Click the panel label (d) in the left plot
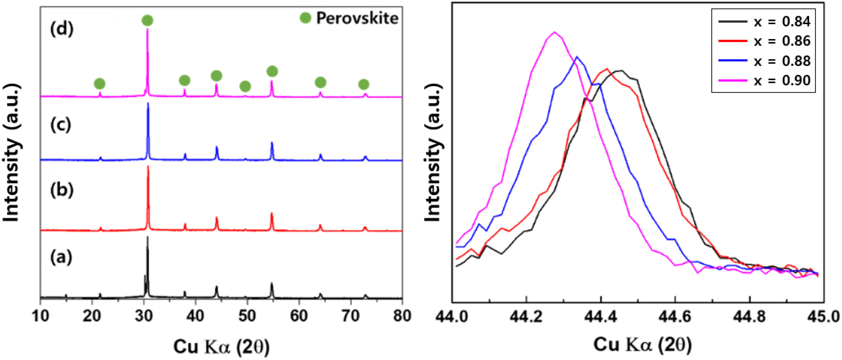tap(62, 29)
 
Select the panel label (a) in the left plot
tap(61, 257)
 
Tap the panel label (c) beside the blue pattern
tap(60, 124)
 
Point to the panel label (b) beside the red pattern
tap(62, 190)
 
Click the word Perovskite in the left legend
tap(357, 18)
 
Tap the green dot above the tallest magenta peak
tap(147, 20)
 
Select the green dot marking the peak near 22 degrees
tap(99, 84)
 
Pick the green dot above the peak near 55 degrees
tap(272, 71)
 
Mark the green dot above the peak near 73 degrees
tap(364, 84)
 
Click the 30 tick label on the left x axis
tap(144, 316)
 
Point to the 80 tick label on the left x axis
tap(402, 316)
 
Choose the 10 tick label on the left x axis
tap(40, 316)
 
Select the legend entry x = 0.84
tap(782, 21)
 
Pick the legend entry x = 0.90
tap(782, 80)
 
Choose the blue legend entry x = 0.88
tap(782, 61)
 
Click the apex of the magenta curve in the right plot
tap(554, 32)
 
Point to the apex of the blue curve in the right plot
tap(577, 57)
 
